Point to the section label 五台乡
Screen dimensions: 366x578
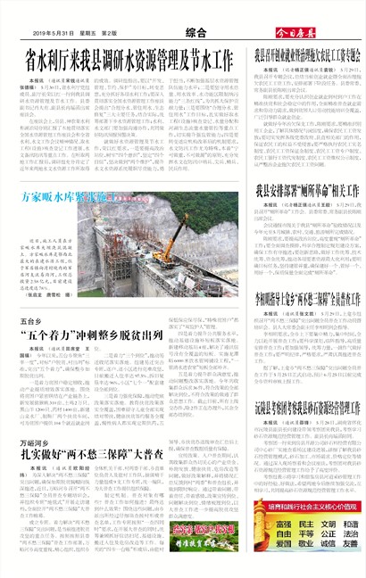(32, 320)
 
